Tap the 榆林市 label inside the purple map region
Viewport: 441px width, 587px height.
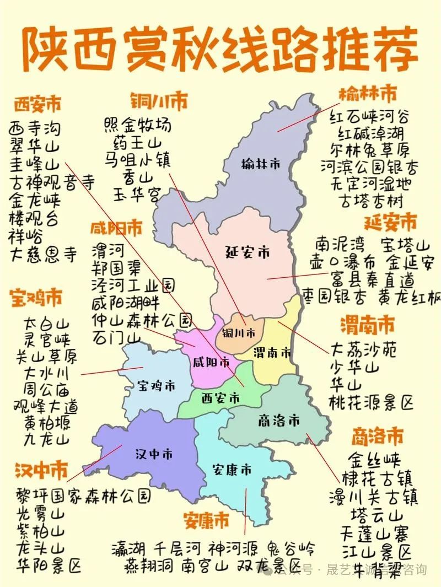click(x=261, y=164)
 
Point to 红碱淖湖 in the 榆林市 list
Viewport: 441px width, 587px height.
click(x=367, y=133)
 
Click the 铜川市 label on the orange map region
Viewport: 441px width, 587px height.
click(x=239, y=333)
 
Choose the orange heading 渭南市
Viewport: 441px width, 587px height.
click(x=367, y=325)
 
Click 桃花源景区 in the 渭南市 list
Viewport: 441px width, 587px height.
click(x=372, y=402)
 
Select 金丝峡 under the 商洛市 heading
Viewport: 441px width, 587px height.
click(x=375, y=459)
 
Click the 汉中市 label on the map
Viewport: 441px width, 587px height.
click(x=154, y=454)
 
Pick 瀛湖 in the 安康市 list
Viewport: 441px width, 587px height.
click(x=128, y=548)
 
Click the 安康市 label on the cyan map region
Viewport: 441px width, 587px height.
click(x=232, y=470)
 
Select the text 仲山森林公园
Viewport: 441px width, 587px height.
click(x=142, y=320)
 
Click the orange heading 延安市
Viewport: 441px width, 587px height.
click(x=390, y=223)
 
